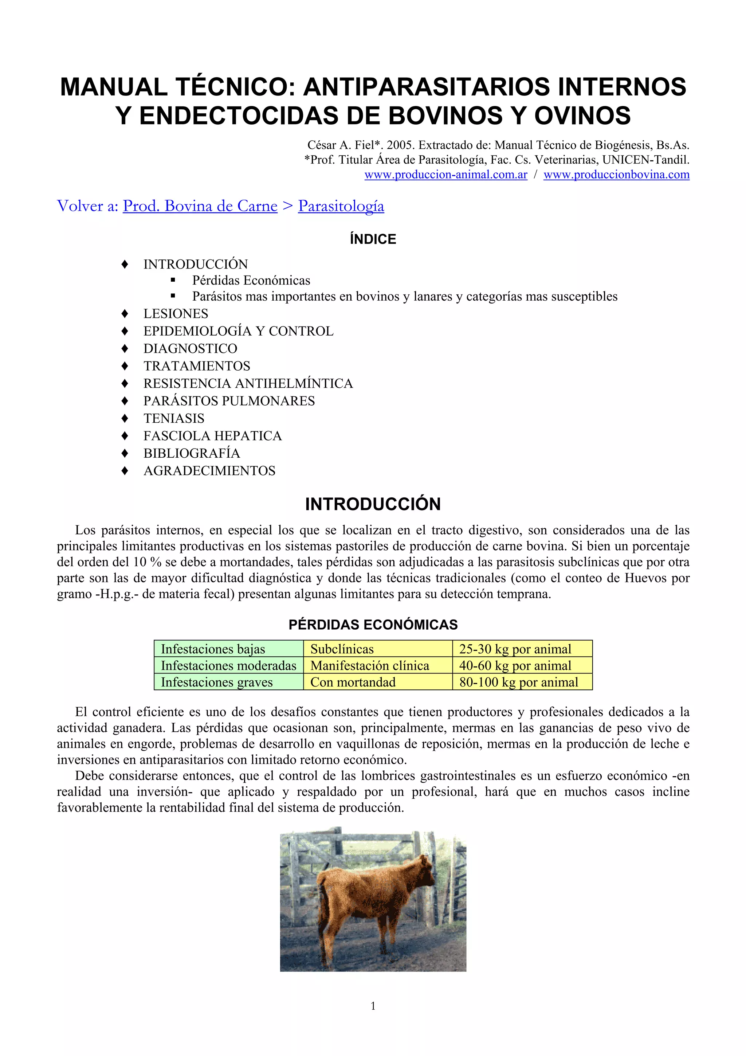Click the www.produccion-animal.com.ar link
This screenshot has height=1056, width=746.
tap(445, 175)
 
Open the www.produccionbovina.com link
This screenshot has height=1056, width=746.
tap(616, 175)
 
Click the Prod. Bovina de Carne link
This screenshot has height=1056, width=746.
tap(200, 206)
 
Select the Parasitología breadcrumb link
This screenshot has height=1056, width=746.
tap(341, 206)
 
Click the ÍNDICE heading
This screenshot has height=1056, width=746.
tap(373, 239)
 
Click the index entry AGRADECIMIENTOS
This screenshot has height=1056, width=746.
tap(209, 470)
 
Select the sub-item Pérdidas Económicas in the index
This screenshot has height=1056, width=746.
tap(251, 280)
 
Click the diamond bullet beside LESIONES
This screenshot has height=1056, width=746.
tap(125, 314)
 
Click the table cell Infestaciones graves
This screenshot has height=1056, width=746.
tap(216, 682)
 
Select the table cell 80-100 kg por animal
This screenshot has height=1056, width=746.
tap(518, 682)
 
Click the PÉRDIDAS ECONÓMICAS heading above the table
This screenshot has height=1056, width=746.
tap(373, 625)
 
